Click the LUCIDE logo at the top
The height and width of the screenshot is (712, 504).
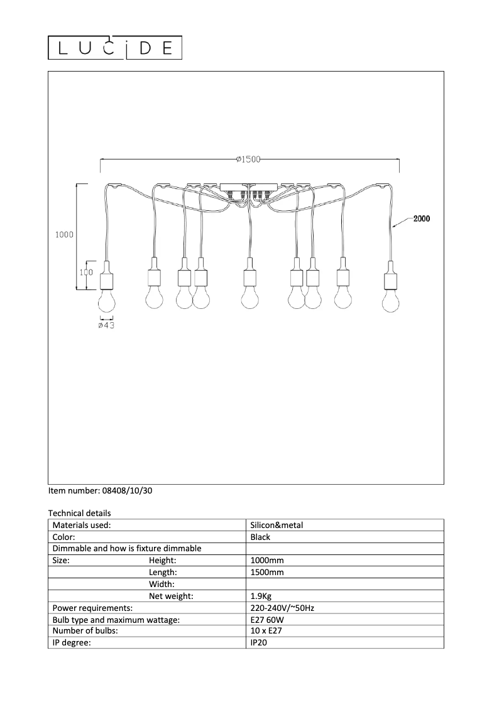point(116,48)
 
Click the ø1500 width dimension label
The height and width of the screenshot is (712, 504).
point(248,159)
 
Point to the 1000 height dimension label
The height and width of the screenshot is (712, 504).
point(65,235)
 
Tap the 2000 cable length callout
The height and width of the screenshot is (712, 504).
point(421,219)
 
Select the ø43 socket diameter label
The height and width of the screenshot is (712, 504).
point(106,325)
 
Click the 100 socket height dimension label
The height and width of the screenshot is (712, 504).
point(87,272)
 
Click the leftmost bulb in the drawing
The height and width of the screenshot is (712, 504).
point(107,301)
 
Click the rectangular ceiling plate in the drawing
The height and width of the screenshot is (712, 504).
point(249,187)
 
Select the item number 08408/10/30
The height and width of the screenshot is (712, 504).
point(100,491)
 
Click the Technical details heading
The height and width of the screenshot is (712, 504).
point(79,514)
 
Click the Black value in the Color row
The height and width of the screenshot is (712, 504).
point(260,537)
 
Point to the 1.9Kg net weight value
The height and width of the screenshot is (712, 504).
point(261,596)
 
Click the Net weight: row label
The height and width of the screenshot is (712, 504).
point(171,596)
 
